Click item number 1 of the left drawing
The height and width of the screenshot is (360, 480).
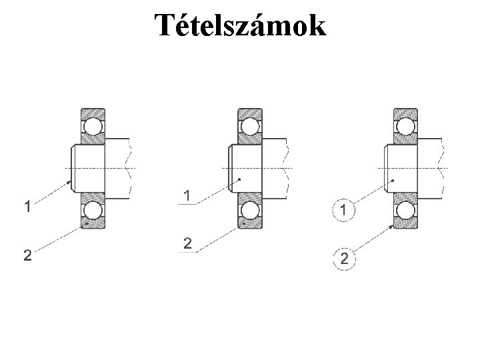[27, 206]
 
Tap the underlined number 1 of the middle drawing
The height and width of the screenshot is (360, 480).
[189, 196]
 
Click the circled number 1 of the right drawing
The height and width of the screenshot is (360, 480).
[343, 211]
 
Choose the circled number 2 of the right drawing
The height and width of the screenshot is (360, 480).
[344, 259]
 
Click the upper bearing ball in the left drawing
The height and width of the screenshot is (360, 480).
[93, 125]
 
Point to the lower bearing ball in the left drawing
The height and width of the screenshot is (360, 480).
[93, 211]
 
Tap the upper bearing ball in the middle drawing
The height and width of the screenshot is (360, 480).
[250, 125]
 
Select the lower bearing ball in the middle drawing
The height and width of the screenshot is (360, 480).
[250, 211]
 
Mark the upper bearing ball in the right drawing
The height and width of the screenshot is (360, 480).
[405, 125]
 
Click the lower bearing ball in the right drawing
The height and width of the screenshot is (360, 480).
[405, 211]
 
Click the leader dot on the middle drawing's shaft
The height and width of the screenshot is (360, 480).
[239, 179]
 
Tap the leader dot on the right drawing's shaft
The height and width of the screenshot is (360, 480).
[393, 180]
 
